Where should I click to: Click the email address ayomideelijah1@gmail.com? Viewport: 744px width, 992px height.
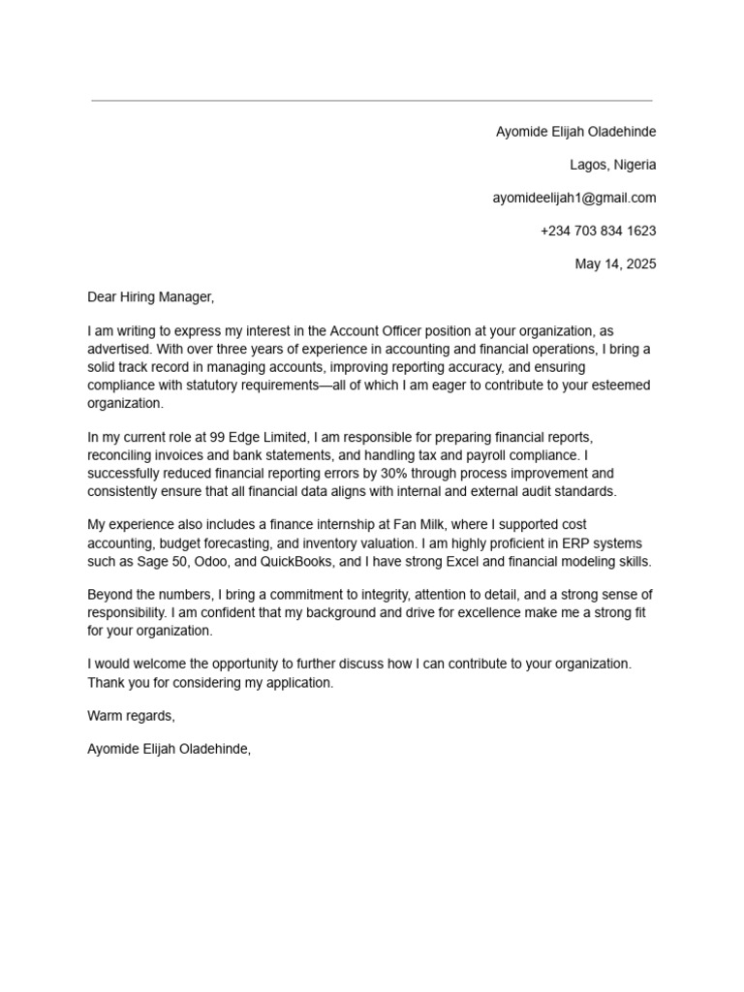pyautogui.click(x=573, y=198)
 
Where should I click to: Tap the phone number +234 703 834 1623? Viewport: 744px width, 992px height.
pyautogui.click(x=598, y=231)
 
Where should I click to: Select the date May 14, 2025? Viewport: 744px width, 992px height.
pyautogui.click(x=615, y=263)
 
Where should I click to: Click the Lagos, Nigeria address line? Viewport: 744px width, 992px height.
pyautogui.click(x=612, y=165)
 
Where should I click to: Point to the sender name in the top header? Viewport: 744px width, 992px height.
pyautogui.click(x=575, y=132)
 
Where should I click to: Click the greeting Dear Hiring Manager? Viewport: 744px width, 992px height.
pyautogui.click(x=150, y=296)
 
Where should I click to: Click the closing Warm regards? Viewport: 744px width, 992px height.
pyautogui.click(x=131, y=716)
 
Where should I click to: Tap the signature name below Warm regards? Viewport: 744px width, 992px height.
pyautogui.click(x=169, y=749)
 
